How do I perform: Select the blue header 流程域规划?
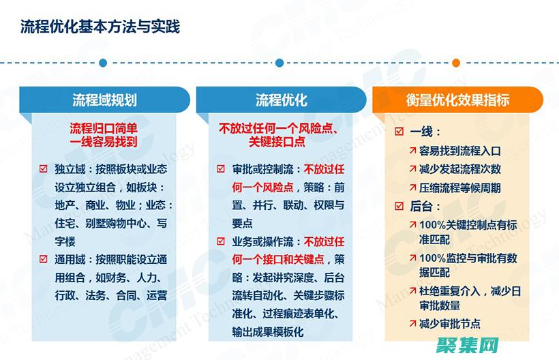point(104,100)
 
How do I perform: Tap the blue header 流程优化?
point(282,100)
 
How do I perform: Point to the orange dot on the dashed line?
point(457,63)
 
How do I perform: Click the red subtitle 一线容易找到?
point(104,142)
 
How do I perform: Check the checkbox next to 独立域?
point(44,169)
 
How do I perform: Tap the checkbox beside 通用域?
point(44,259)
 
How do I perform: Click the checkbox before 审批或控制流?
point(221,169)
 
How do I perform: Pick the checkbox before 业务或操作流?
point(221,241)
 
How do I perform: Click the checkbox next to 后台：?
point(399,206)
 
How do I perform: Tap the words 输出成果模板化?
point(267,331)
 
